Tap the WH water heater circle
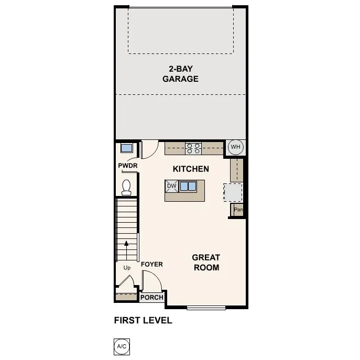pos(235,147)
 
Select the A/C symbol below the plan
pos(121,346)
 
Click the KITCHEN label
pos(191,169)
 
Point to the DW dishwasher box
pos(171,186)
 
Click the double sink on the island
pos(188,186)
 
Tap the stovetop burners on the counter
pos(193,148)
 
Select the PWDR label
pos(127,166)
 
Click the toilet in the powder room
pos(126,187)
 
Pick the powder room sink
pos(126,147)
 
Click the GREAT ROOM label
pos(206,262)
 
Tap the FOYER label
pos(152,265)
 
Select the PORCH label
pos(152,298)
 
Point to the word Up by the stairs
pos(127,268)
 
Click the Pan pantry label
pos(238,210)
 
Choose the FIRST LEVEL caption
pos(143,320)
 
